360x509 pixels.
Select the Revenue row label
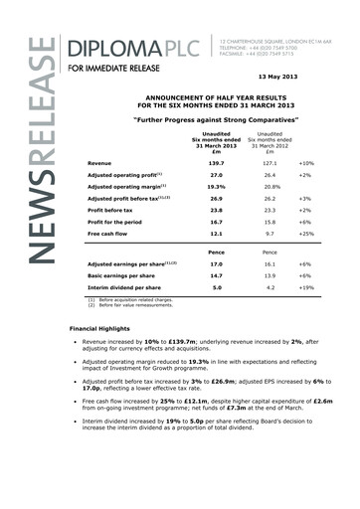point(99,161)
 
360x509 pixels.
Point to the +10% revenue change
point(308,161)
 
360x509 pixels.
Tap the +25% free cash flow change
point(308,235)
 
